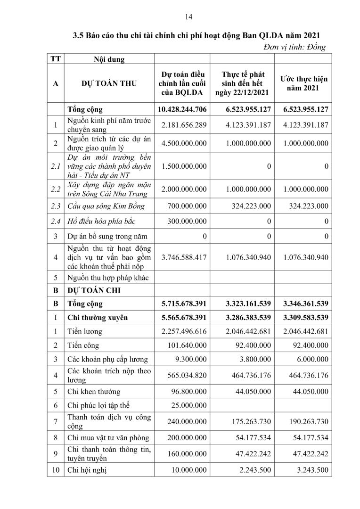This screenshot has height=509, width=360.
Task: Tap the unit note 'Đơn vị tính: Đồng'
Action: point(295,46)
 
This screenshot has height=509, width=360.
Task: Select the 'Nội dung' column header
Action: point(101,59)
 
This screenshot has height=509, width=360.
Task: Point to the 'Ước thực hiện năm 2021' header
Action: point(303,83)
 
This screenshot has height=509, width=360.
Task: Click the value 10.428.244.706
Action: point(182,109)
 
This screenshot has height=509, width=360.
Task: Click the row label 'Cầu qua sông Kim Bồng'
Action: point(105,205)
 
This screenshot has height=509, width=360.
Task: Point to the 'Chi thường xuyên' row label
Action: point(98,318)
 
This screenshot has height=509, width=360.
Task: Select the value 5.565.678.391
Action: point(182,318)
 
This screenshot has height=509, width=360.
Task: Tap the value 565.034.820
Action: point(187,375)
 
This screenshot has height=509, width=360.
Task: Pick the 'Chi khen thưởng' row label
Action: point(94,391)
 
